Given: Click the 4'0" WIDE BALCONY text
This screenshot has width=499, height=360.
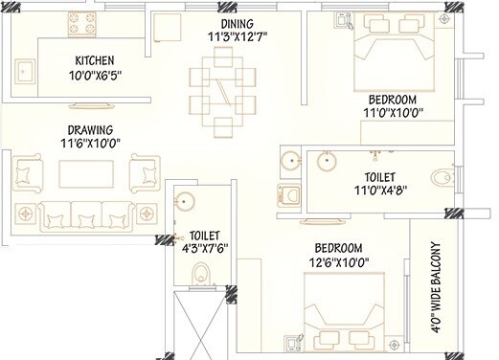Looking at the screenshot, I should click(x=443, y=284).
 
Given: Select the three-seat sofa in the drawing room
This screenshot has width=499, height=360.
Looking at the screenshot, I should click(x=86, y=215).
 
